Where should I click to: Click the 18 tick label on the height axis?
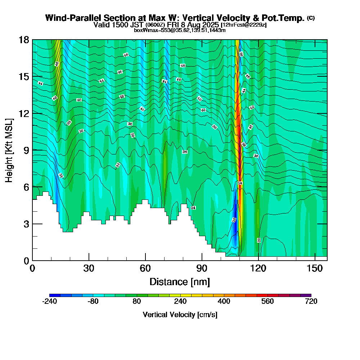click(24, 40)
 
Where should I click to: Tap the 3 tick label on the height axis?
click(26, 224)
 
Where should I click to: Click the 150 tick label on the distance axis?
click(315, 269)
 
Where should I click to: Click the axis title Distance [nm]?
click(180, 282)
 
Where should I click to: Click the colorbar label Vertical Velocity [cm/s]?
click(180, 315)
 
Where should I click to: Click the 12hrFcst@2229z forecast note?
click(244, 25)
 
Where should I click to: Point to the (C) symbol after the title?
click(311, 18)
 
